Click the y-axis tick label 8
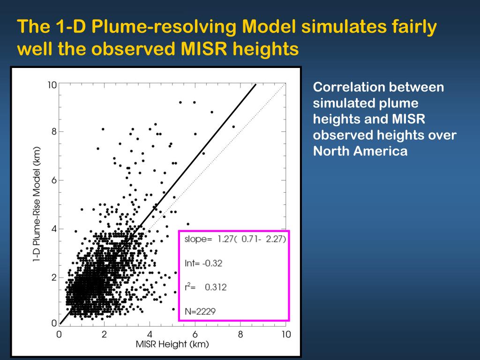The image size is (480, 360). click(54, 132)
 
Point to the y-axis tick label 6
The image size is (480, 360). click(54, 180)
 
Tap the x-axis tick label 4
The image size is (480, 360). click(150, 334)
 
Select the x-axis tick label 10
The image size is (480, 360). click(286, 334)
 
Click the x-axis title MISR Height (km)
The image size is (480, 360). click(172, 345)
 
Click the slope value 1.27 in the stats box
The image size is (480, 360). click(224, 239)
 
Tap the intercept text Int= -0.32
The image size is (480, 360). click(203, 263)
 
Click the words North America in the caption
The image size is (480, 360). click(360, 151)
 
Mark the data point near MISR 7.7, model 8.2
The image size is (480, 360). click(233, 127)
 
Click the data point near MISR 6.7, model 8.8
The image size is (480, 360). click(212, 112)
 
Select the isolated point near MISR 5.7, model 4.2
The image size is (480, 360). click(188, 224)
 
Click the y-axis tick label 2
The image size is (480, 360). click(54, 277)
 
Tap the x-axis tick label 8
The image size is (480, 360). click(240, 334)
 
